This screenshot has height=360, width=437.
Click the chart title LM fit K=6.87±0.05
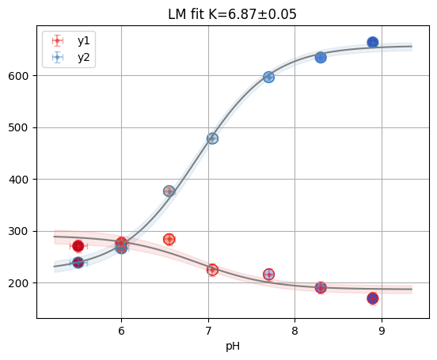pos(233,14)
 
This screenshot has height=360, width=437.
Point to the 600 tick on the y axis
pos(21,76)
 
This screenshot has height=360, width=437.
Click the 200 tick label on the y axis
pos(21,283)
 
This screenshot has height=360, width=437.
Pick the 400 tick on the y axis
pos(21,180)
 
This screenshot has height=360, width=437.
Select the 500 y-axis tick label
pos(21,127)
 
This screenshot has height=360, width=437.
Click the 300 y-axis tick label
pos(21,231)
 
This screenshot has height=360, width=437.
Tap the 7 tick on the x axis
pos(208,330)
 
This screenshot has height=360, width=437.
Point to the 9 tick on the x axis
pos(382,330)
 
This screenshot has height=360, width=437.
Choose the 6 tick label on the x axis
pos(121,330)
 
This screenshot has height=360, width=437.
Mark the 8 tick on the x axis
pos(294,330)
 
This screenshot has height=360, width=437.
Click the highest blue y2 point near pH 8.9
pos(373,42)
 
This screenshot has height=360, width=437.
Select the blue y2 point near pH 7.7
pos(268,77)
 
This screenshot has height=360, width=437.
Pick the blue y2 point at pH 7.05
pos(212,138)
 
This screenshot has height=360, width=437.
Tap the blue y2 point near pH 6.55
pos(169,191)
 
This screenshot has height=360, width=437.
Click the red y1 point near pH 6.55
pos(169,239)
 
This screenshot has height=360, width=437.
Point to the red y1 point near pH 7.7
pos(268,275)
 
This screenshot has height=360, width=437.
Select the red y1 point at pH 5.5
pos(78,246)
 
